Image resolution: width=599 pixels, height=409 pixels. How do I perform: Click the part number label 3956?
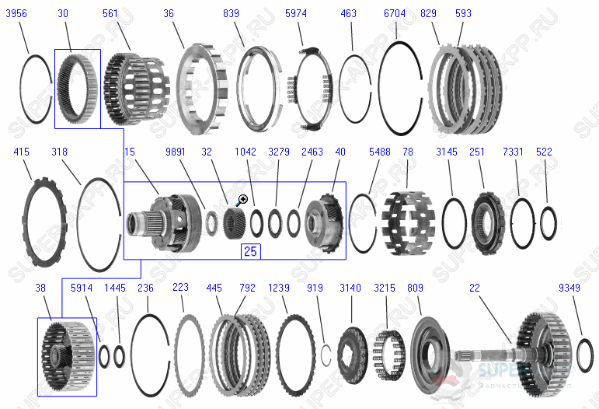point(18,13)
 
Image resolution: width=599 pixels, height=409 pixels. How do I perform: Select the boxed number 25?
point(250,251)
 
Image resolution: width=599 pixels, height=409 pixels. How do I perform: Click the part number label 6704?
point(395,13)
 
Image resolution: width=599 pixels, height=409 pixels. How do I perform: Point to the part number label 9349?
point(569,288)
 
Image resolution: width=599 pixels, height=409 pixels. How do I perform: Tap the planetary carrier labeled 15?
point(158,222)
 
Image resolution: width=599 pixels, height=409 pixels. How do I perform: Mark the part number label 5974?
point(296,13)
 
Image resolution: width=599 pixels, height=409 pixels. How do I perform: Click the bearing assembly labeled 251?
point(488,223)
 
